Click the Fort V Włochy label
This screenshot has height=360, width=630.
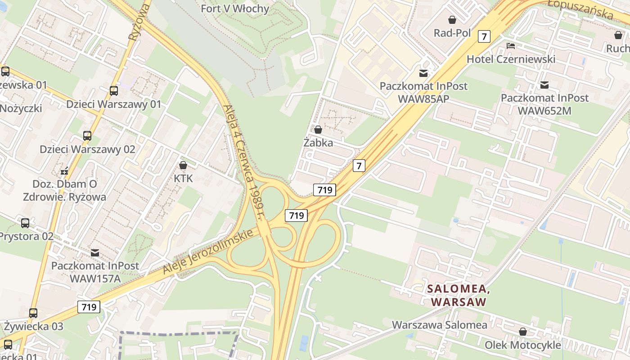click(x=235, y=9)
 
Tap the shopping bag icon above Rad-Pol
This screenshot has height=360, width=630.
click(x=452, y=20)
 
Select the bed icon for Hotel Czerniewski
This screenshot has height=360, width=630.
click(x=510, y=46)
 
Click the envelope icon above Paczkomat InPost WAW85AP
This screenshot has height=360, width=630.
click(x=423, y=73)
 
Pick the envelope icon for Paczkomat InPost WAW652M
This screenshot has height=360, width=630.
click(x=544, y=85)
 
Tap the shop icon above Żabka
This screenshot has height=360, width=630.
click(x=318, y=130)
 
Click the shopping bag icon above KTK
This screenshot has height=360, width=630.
click(x=183, y=165)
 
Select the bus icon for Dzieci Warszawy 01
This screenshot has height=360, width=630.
click(x=114, y=91)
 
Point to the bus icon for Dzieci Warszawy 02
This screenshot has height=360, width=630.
click(x=87, y=135)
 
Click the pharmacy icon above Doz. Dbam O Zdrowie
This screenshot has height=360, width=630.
click(x=65, y=171)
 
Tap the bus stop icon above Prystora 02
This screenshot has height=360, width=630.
click(x=25, y=223)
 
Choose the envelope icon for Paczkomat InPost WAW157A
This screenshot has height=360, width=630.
click(x=95, y=252)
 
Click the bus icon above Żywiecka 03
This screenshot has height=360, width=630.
click(x=33, y=313)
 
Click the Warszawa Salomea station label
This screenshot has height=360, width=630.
click(x=439, y=325)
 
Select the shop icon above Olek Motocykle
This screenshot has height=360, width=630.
click(x=523, y=332)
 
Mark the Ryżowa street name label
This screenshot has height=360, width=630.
click(x=139, y=22)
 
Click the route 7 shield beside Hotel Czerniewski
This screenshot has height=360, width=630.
click(x=484, y=36)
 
